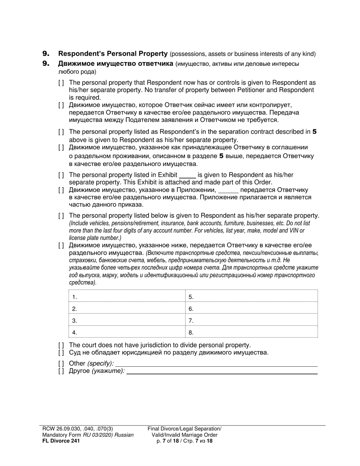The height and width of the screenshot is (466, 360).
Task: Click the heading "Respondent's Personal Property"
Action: click(x=113, y=54)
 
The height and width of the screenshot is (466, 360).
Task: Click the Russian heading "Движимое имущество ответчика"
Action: click(x=116, y=64)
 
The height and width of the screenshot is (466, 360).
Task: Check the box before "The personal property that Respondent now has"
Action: click(x=61, y=83)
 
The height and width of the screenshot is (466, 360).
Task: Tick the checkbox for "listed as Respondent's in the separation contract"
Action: click(x=61, y=132)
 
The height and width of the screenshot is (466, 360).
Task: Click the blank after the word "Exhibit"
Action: click(x=187, y=175)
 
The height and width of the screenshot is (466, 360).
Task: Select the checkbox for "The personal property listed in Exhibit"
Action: click(x=61, y=175)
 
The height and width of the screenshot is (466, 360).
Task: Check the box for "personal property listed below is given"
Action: click(x=61, y=216)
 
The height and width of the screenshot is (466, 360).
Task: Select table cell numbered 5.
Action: click(x=252, y=297)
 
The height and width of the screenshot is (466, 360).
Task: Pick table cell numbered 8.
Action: click(x=252, y=332)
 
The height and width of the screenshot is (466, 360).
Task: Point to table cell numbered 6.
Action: click(x=252, y=309)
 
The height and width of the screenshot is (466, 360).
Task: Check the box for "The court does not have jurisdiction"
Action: click(x=61, y=345)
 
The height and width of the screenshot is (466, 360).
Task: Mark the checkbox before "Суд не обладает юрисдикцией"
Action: click(x=61, y=353)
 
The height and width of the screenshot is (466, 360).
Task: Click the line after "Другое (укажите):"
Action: click(x=222, y=371)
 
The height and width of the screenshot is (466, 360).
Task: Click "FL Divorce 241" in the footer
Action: click(x=61, y=441)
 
